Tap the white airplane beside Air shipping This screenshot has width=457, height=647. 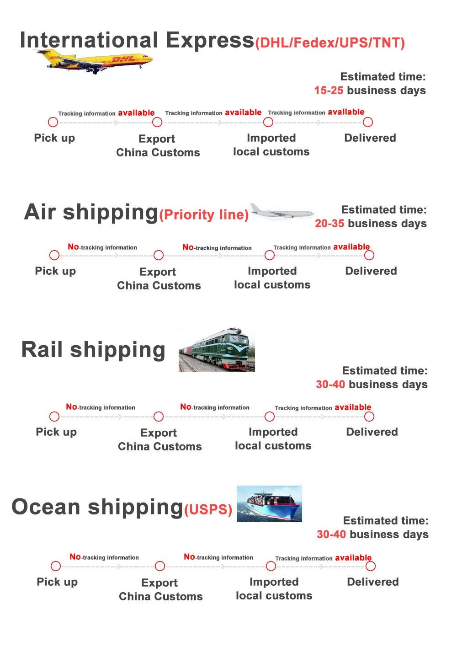[282, 212]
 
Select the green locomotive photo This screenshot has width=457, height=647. [217, 350]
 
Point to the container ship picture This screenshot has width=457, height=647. [269, 503]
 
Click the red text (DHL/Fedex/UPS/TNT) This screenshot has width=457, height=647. [330, 43]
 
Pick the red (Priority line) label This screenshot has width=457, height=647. [204, 214]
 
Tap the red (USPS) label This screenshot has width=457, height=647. [208, 509]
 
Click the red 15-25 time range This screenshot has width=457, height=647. [329, 91]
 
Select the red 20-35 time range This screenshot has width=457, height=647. [329, 224]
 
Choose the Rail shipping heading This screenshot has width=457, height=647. [93, 350]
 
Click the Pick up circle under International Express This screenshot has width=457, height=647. [53, 122]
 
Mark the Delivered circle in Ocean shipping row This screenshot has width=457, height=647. [371, 566]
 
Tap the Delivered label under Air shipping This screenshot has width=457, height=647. [371, 271]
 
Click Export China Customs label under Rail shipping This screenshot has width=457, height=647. [159, 439]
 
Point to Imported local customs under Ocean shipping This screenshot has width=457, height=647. [274, 589]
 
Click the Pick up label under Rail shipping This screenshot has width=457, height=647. [56, 432]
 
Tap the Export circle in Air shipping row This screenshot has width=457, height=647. [159, 255]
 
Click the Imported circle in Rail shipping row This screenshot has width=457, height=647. [270, 417]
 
